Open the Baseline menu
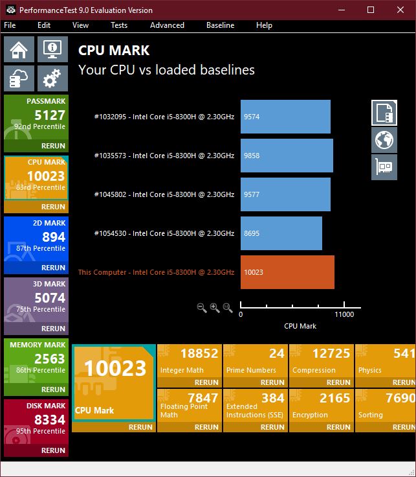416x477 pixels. [220, 25]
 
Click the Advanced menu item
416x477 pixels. [167, 25]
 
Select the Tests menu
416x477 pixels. [119, 25]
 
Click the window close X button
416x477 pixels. [400, 10]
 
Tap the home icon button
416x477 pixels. [19, 49]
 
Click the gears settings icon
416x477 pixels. [52, 79]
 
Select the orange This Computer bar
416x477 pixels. [287, 272]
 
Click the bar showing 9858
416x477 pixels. [287, 156]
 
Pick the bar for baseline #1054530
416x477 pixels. [281, 233]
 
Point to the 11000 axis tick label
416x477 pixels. [344, 314]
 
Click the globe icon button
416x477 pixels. [384, 140]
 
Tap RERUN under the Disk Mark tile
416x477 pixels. [53, 450]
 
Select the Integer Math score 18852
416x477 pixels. [199, 353]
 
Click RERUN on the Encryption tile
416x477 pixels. [338, 427]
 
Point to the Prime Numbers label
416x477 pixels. [251, 370]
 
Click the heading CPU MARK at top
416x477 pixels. [114, 51]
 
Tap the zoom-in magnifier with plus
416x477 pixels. [215, 308]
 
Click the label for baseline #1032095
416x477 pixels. [164, 117]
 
